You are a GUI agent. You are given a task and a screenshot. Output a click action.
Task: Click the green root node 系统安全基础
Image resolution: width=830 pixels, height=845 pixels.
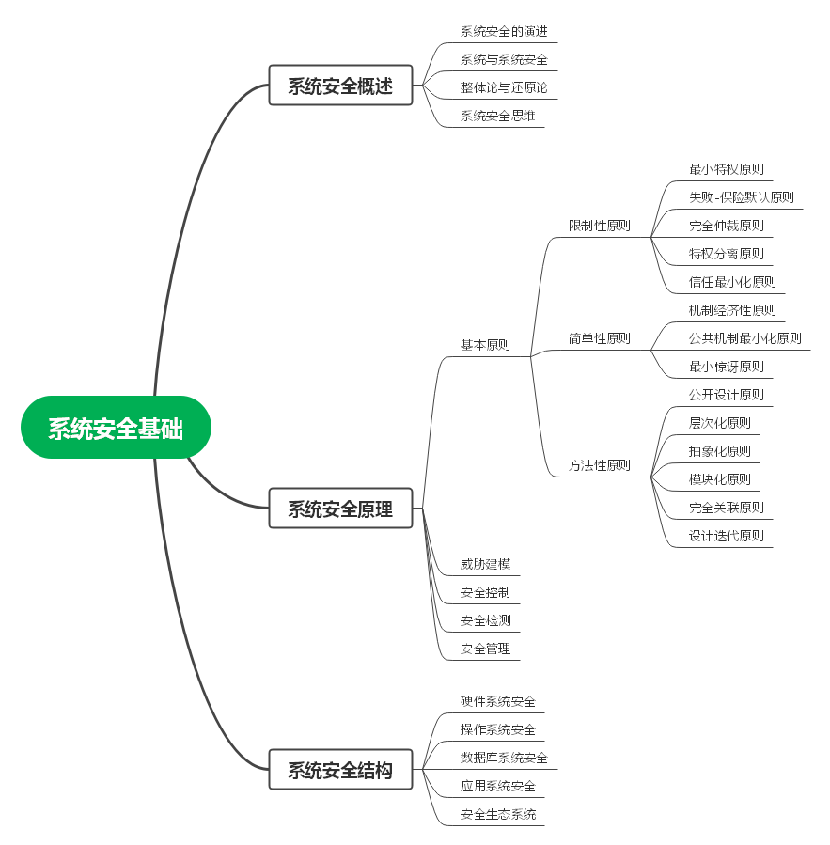pyautogui.click(x=116, y=428)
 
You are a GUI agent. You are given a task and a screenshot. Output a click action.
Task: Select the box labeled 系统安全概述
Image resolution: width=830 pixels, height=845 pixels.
pyautogui.click(x=340, y=86)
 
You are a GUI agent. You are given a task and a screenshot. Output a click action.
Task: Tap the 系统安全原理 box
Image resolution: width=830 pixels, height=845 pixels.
pyautogui.click(x=340, y=509)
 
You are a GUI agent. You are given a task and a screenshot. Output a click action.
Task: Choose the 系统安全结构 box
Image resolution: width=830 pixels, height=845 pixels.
pyautogui.click(x=340, y=770)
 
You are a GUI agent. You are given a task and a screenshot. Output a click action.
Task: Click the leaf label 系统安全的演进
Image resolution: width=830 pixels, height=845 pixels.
pyautogui.click(x=503, y=31)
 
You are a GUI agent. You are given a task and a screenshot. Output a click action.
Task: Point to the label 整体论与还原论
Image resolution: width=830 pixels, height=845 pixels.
pyautogui.click(x=503, y=87)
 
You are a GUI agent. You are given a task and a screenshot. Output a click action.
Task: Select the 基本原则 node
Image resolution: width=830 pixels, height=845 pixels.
pyautogui.click(x=485, y=345)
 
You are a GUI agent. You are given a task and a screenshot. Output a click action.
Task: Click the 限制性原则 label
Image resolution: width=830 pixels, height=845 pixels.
pyautogui.click(x=599, y=226)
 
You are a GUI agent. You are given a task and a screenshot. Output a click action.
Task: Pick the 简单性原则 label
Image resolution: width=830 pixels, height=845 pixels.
pyautogui.click(x=599, y=338)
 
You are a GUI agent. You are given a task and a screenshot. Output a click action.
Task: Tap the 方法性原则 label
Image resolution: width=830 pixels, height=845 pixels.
pyautogui.click(x=599, y=465)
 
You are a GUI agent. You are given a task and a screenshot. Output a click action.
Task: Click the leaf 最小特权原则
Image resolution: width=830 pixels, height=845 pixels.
pyautogui.click(x=727, y=169)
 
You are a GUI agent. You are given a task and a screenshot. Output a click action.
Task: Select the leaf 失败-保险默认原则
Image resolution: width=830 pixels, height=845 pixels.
pyautogui.click(x=741, y=197)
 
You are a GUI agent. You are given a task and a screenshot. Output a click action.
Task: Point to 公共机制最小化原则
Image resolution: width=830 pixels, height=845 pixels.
pyautogui.click(x=744, y=338)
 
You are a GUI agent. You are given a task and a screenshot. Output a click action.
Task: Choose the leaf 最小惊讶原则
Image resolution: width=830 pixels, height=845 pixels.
pyautogui.click(x=727, y=367)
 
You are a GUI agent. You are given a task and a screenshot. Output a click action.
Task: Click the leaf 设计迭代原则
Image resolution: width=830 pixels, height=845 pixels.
pyautogui.click(x=727, y=536)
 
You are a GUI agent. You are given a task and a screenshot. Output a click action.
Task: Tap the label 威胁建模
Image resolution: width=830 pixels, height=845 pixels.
pyautogui.click(x=485, y=565)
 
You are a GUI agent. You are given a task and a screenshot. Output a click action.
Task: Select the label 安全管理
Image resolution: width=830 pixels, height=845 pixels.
pyautogui.click(x=485, y=649)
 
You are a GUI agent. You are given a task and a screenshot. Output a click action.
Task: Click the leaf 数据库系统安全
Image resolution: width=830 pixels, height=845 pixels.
pyautogui.click(x=503, y=758)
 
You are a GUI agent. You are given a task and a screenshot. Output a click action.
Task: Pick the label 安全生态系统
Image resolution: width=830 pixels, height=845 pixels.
pyautogui.click(x=498, y=814)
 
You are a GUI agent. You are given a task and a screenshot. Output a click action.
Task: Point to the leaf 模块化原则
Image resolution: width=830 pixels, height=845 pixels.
pyautogui.click(x=720, y=479)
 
